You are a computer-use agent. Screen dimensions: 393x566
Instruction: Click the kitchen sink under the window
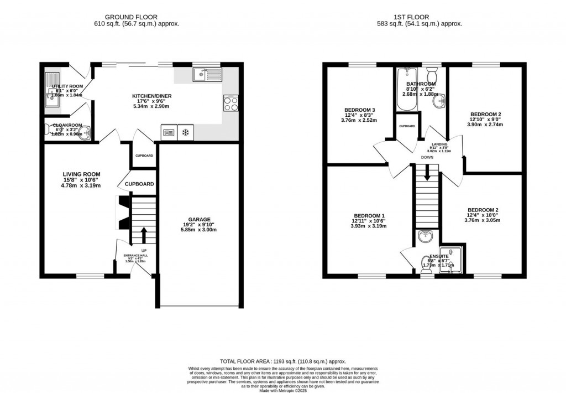tap(207, 74)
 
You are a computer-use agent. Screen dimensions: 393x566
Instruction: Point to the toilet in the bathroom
tap(432, 74)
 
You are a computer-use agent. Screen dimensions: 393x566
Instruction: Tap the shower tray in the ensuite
tap(452, 259)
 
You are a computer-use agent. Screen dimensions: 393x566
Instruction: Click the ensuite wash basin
tap(426, 237)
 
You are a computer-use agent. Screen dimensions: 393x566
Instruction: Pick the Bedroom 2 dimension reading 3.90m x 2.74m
tap(484, 125)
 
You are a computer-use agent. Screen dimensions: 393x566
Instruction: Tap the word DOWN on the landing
tap(427, 158)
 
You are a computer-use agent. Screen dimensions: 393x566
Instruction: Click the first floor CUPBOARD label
tap(407, 126)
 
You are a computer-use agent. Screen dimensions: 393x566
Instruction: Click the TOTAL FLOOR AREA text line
tap(283, 360)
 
